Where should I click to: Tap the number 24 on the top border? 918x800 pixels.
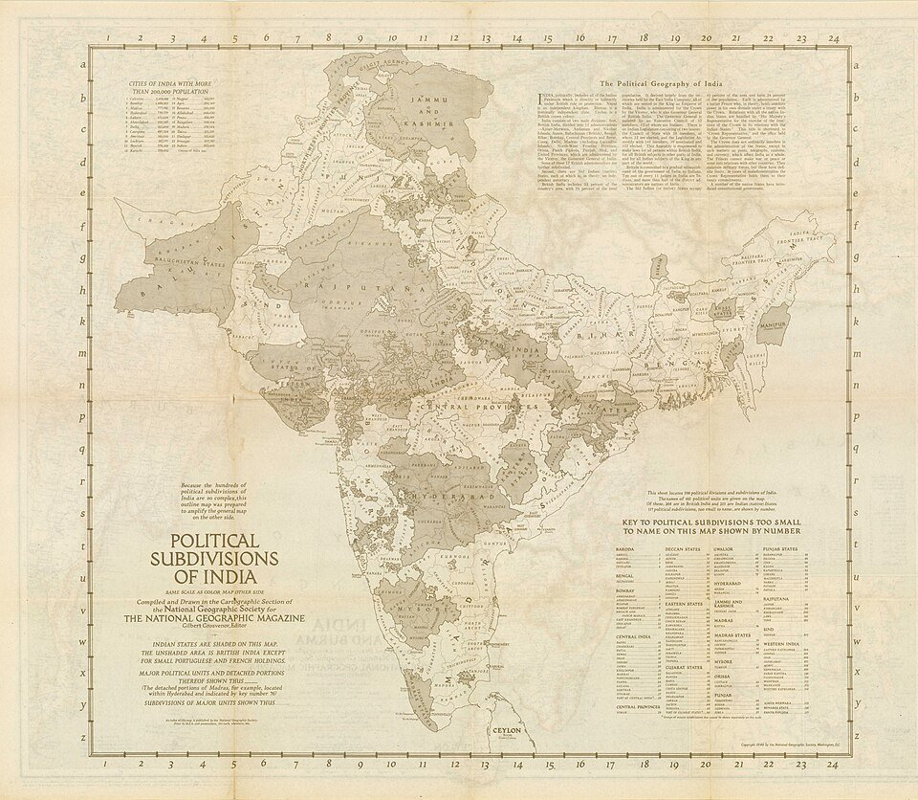[834, 39]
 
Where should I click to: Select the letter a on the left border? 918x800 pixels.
[84, 66]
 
